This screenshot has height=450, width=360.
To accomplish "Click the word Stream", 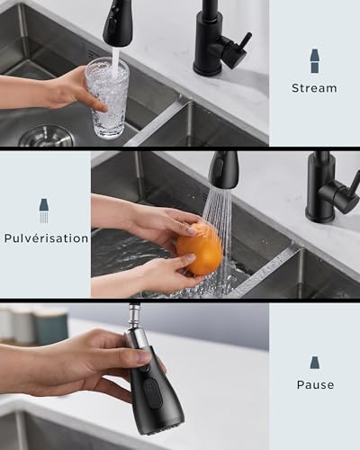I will click(x=314, y=88).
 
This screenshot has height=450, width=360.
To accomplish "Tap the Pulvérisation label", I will click(x=45, y=238).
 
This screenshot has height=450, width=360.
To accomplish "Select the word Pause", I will click(x=315, y=385).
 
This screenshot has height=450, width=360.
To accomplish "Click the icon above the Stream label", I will click(x=314, y=61).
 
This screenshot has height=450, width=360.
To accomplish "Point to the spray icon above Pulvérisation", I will click(x=43, y=211).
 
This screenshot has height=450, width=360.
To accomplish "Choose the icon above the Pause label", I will click(x=315, y=362).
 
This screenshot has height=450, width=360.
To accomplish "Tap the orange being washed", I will click(x=199, y=248).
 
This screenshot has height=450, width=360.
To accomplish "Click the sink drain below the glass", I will click(x=45, y=136).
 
